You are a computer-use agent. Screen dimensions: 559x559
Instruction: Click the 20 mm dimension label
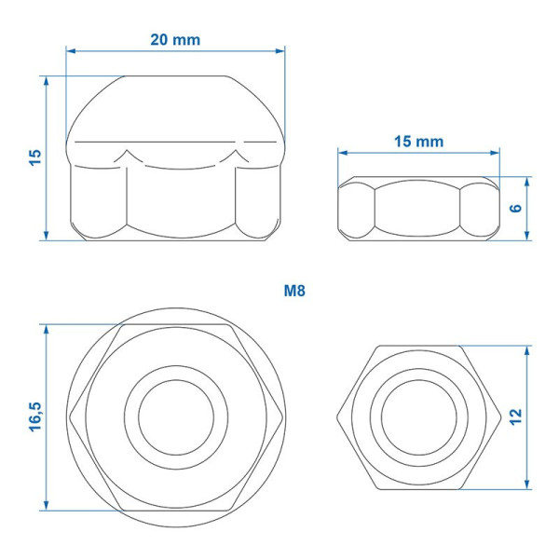click(x=175, y=39)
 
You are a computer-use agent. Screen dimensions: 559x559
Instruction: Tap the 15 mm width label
click(x=419, y=142)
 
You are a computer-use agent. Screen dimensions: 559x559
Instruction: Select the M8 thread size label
click(x=294, y=291)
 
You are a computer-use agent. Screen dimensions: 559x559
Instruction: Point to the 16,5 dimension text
click(x=35, y=416)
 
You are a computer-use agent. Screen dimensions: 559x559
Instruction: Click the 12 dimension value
click(x=515, y=417)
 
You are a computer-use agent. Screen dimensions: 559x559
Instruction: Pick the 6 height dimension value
click(x=516, y=208)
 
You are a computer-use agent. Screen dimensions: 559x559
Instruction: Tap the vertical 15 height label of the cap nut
click(x=35, y=157)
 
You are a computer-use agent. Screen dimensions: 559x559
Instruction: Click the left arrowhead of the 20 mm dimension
click(x=71, y=51)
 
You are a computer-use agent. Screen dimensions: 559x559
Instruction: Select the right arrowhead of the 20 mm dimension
click(x=280, y=51)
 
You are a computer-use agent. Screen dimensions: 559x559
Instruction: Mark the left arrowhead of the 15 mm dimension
click(x=343, y=153)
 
